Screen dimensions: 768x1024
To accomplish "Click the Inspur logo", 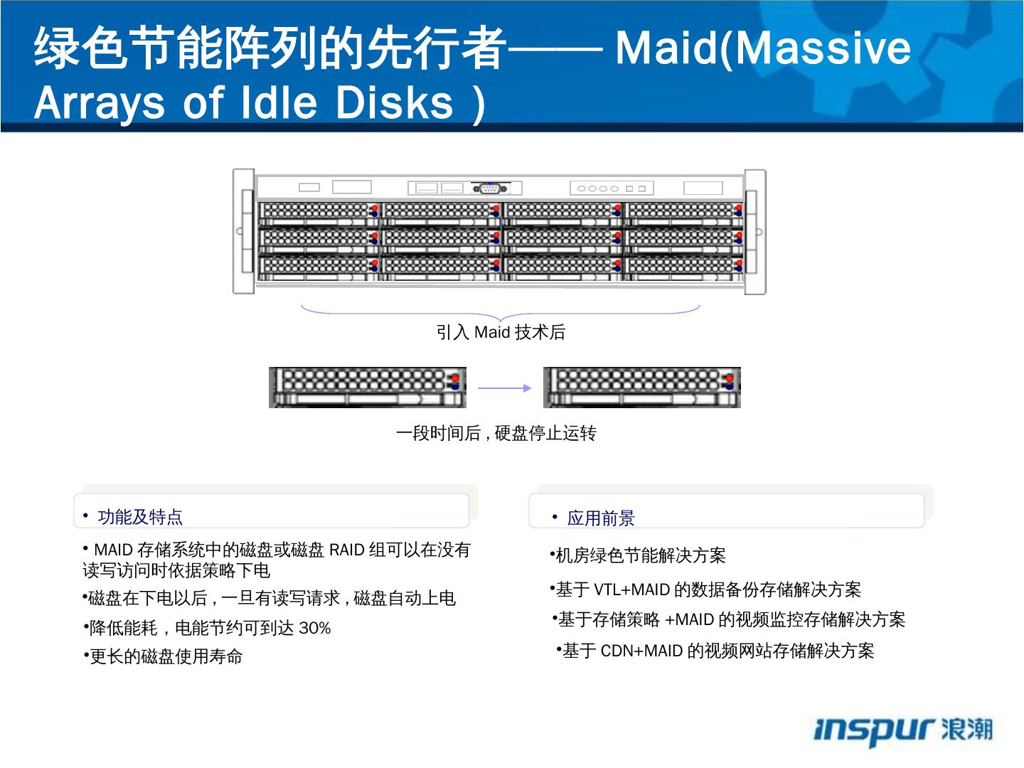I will (x=902, y=730).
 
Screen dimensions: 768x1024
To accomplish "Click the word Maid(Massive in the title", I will (x=762, y=48).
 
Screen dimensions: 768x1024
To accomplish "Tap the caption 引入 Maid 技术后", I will (x=501, y=332).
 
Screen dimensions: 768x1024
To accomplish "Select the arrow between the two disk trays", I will (x=504, y=388).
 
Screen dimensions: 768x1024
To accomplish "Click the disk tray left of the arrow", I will (x=367, y=388).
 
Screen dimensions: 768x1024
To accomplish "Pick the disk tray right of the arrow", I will (x=641, y=388).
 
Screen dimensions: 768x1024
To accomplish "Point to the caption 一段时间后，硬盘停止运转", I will (x=496, y=433).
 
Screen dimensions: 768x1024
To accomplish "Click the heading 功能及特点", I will (x=140, y=517).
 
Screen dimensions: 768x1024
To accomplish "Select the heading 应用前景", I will (x=601, y=518).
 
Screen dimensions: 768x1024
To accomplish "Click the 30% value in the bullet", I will (x=315, y=629).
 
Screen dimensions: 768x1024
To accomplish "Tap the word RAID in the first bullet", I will (x=347, y=550).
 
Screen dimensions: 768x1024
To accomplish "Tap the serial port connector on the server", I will (x=490, y=188).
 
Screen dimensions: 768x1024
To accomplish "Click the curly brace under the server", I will (x=500, y=312).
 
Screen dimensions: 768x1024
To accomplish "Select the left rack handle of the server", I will (x=244, y=231).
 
